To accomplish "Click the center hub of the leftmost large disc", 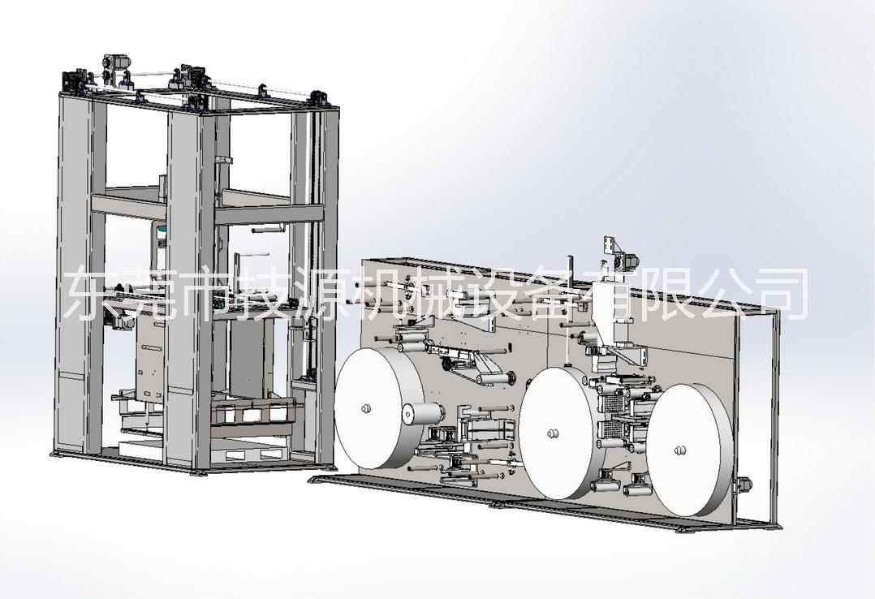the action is tap(365, 408).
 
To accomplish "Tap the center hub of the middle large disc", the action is tap(553, 433).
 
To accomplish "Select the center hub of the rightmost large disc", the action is tap(680, 450).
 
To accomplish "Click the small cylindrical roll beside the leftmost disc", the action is tap(422, 415).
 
